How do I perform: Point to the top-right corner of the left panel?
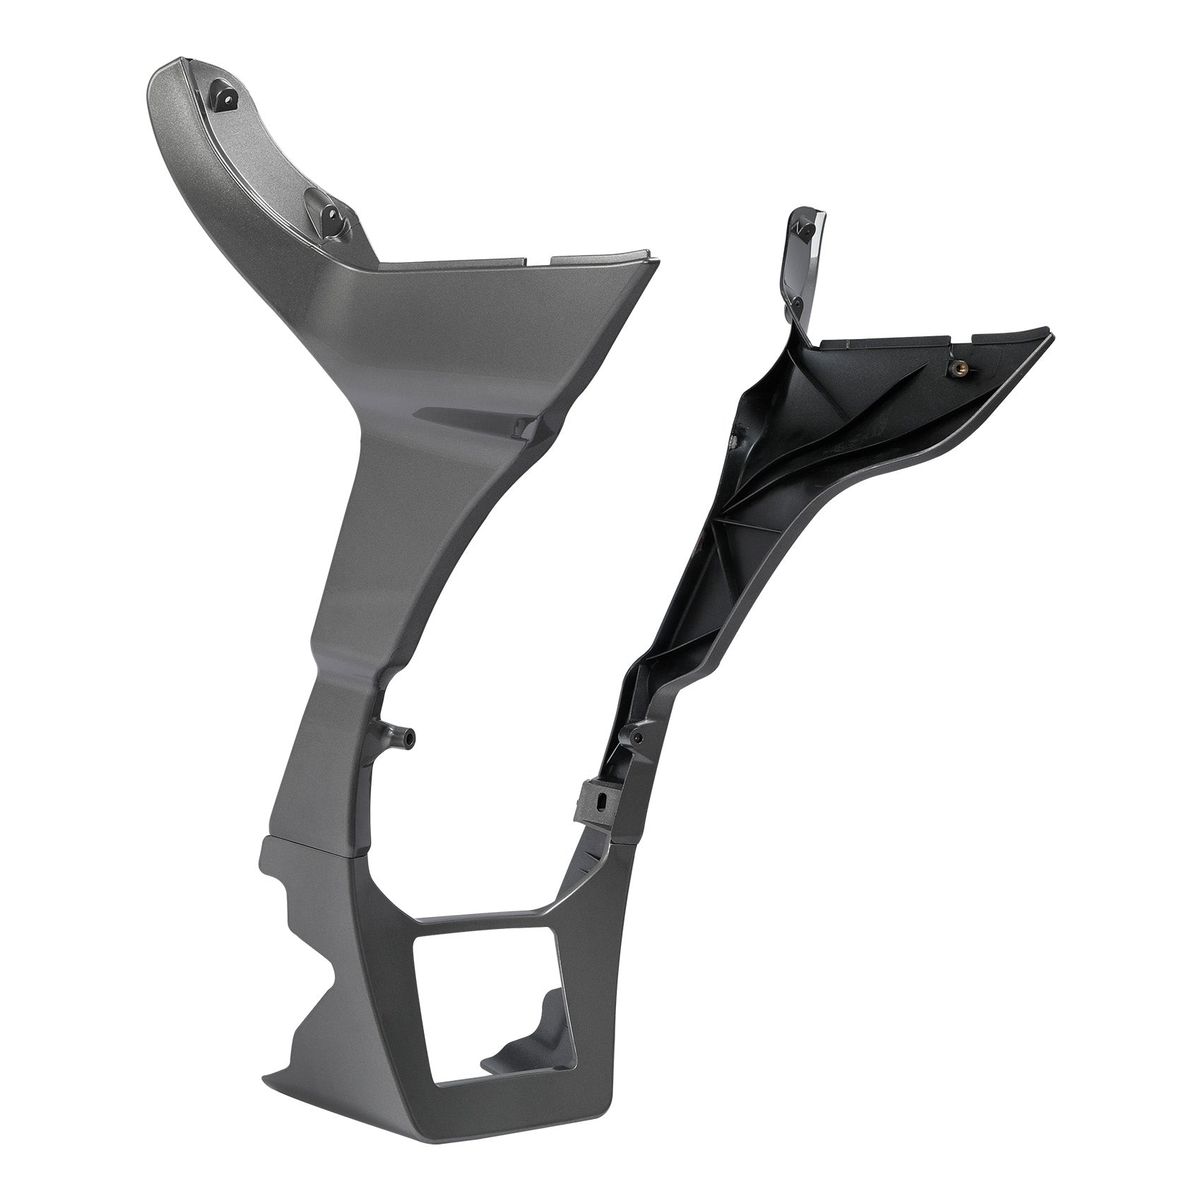(646, 253)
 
